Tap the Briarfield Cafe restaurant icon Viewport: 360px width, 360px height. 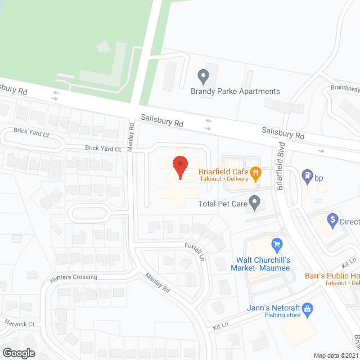[x=255, y=173]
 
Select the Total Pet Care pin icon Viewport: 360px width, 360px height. [x=255, y=201]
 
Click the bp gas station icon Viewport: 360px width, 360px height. [x=308, y=175]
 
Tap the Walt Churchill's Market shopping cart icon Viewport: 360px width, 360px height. [x=276, y=244]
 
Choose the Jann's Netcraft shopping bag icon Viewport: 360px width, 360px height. [x=307, y=308]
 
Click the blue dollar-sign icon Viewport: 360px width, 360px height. [x=332, y=219]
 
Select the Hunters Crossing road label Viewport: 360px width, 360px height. [x=73, y=277]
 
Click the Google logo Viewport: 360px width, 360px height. [x=18, y=353]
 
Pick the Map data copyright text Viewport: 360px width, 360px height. [x=336, y=355]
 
